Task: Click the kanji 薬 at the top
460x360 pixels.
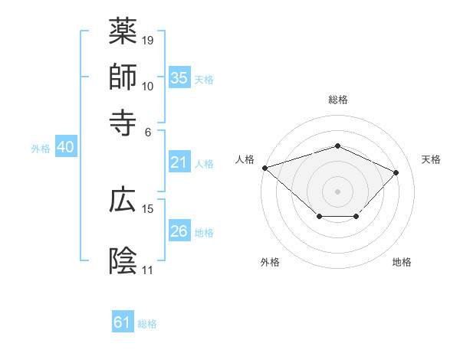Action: click(123, 31)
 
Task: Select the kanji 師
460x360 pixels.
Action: click(123, 77)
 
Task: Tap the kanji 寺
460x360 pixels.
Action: click(123, 121)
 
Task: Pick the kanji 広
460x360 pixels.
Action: click(123, 199)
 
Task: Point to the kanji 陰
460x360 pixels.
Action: click(123, 260)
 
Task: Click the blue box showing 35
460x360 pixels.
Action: click(179, 78)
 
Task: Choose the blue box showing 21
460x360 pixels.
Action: click(179, 162)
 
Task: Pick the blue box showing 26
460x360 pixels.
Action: click(179, 231)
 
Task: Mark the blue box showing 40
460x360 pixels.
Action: click(65, 148)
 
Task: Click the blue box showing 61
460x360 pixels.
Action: click(123, 322)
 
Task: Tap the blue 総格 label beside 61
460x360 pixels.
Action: click(147, 324)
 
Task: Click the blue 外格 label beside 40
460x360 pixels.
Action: click(41, 149)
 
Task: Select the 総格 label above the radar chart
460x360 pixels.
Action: click(337, 100)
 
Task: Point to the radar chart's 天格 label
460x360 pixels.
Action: click(431, 159)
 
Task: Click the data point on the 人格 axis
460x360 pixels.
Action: click(264, 168)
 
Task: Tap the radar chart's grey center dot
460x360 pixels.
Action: click(337, 191)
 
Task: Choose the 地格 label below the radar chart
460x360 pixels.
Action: click(402, 262)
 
